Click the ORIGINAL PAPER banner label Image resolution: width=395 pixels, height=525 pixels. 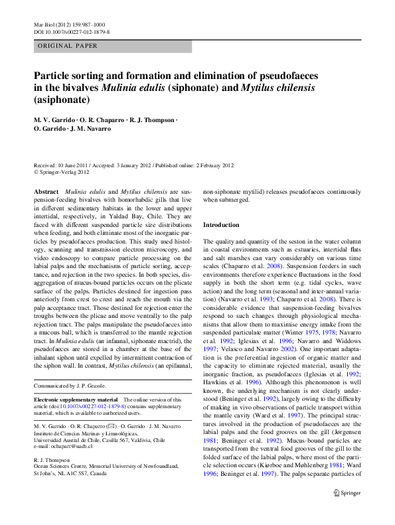click(x=68, y=46)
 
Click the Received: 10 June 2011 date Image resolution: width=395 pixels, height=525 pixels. click(x=65, y=165)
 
